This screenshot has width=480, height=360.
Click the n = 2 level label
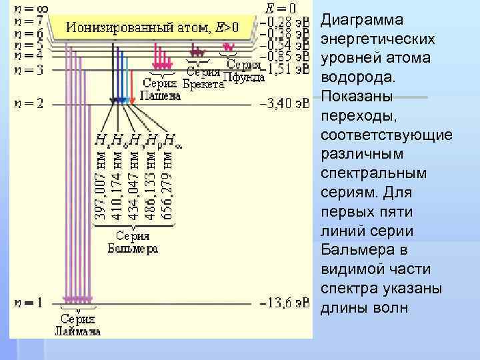pos(28,104)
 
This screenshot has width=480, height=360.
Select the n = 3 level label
pos(28,69)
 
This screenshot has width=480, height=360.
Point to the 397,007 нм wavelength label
pos(99,186)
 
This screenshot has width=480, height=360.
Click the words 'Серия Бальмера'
pos(133,243)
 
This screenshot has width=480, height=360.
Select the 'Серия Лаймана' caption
pos(78,325)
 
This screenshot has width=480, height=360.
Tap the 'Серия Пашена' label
pos(161,89)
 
